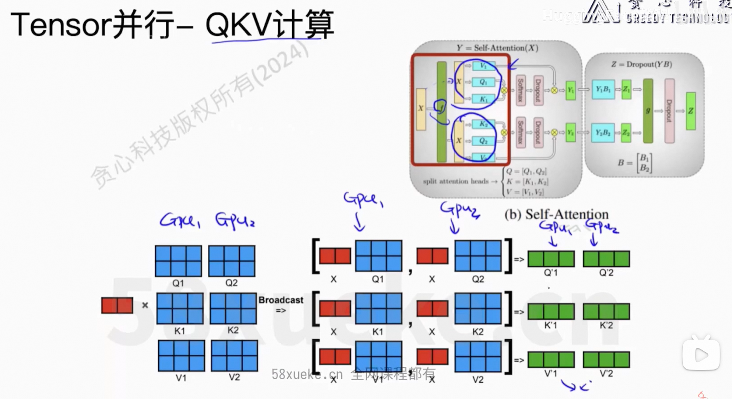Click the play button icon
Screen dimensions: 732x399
[x=701, y=354]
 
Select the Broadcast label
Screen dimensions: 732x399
[x=281, y=300]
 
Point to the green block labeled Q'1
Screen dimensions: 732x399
[x=550, y=259]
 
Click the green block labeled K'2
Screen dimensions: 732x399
[x=606, y=311]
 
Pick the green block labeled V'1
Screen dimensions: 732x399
[x=550, y=359]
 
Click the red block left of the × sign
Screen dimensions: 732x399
[x=117, y=306]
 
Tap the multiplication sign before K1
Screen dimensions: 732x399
[x=145, y=305]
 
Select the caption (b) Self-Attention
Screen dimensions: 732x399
[x=556, y=214]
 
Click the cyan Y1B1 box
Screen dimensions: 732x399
[x=603, y=89]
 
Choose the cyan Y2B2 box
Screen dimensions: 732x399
[x=603, y=132]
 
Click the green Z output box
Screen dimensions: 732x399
[x=691, y=111]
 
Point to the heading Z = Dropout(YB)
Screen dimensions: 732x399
[x=641, y=64]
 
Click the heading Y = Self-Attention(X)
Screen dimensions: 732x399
[x=497, y=48]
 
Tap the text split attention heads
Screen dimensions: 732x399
[x=455, y=181]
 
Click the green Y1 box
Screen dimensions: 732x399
[x=570, y=90]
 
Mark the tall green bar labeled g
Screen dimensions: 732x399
[x=648, y=111]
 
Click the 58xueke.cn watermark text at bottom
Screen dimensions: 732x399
[x=307, y=375]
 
